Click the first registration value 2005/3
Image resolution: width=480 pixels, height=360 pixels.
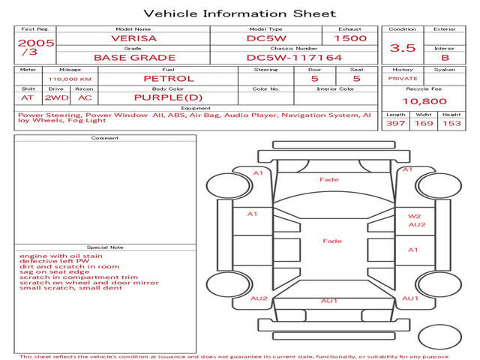pos(36,47)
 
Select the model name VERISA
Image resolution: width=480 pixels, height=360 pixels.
pos(134,38)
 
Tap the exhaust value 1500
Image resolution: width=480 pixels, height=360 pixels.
pos(350,38)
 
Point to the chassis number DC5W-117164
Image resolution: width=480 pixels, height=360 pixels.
pos(294,58)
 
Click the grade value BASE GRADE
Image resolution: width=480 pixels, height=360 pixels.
pos(135,58)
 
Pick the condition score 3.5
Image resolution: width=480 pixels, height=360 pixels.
pos(403,48)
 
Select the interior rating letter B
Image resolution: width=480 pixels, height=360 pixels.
pos(445,58)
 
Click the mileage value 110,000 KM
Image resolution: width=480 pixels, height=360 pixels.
pos(70,79)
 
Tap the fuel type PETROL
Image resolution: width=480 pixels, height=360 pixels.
pos(169,79)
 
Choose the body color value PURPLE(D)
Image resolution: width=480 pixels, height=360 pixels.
pos(168,97)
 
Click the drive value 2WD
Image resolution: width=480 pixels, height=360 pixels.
pos(57,98)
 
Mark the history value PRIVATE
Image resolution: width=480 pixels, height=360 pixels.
pos(403,79)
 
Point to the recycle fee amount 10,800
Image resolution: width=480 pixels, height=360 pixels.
pos(424,101)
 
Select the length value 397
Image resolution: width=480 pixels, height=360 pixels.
pos(395,123)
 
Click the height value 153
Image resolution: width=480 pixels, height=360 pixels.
pos(451,123)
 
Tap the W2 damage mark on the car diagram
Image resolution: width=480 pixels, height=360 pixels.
pos(414,216)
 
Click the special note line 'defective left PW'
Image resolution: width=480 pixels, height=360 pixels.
pos(55,261)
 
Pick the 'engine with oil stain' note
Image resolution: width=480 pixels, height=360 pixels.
pos(61,256)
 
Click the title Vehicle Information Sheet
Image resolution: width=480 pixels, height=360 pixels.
pos(240,13)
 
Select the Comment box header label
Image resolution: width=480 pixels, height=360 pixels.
pos(105,138)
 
